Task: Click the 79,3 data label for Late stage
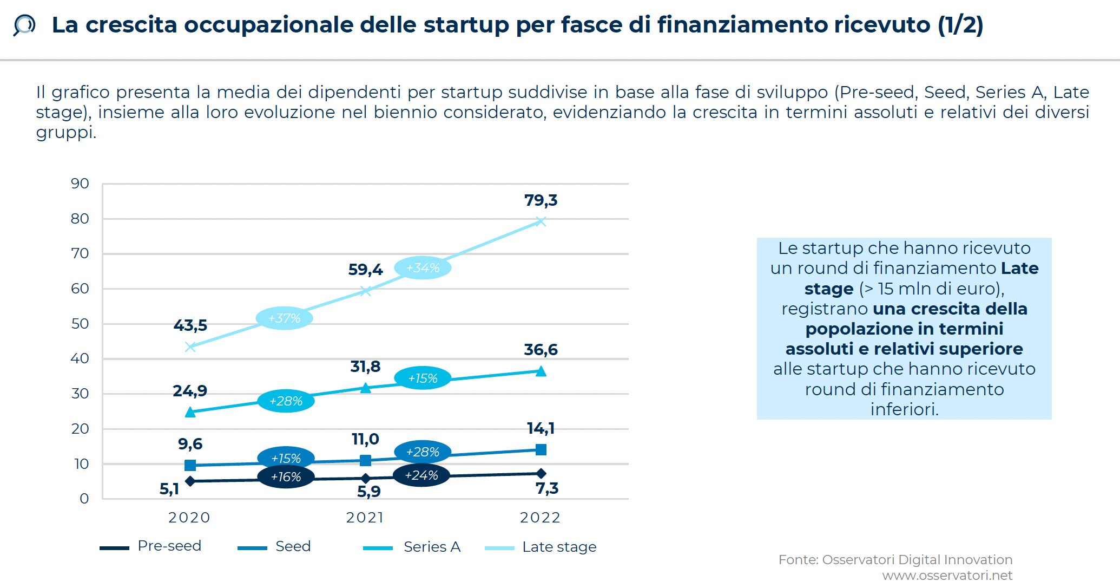(x=541, y=200)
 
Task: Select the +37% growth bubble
(x=284, y=318)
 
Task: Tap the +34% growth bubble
(x=423, y=268)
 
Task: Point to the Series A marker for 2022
(x=541, y=371)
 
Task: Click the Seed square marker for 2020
(x=190, y=465)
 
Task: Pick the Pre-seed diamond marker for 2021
(x=366, y=479)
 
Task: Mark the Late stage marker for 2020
(x=190, y=347)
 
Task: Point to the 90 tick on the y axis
(x=80, y=184)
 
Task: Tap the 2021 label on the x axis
(x=365, y=518)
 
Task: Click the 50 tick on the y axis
(x=80, y=324)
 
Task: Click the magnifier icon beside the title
(x=24, y=25)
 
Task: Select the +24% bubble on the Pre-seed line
(x=421, y=475)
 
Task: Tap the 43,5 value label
(x=190, y=325)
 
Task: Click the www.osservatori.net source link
(x=947, y=576)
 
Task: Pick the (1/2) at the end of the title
(x=960, y=25)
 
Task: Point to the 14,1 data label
(x=541, y=428)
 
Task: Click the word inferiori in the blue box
(x=904, y=409)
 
